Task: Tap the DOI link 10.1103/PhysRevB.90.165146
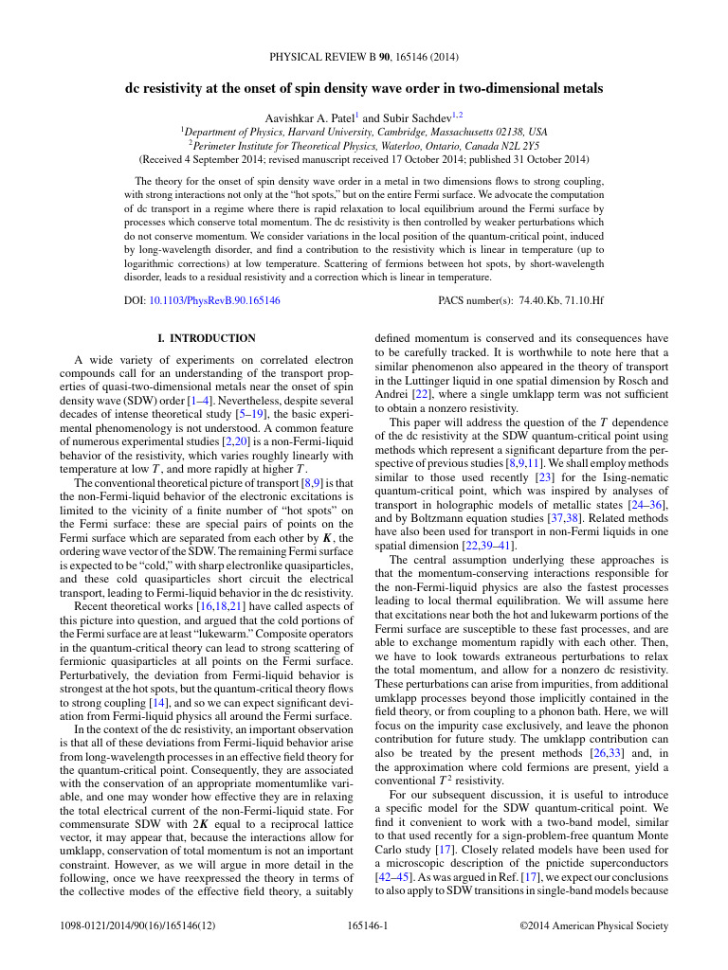click(x=215, y=300)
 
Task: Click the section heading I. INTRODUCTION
click(x=206, y=338)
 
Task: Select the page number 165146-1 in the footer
click(x=364, y=925)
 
